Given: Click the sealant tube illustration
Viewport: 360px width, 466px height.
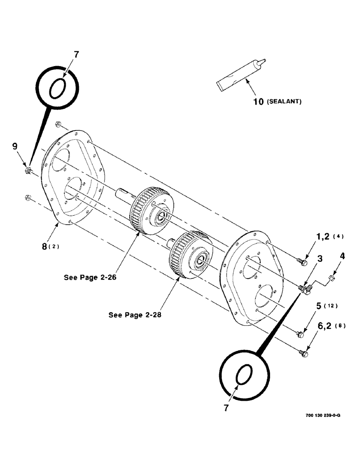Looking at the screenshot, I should point(241,75).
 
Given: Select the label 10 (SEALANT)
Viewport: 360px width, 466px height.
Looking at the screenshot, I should point(277,101).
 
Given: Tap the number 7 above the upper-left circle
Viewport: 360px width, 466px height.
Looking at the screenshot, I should point(76,55).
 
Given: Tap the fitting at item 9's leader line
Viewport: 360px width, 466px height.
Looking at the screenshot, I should point(28,171).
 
